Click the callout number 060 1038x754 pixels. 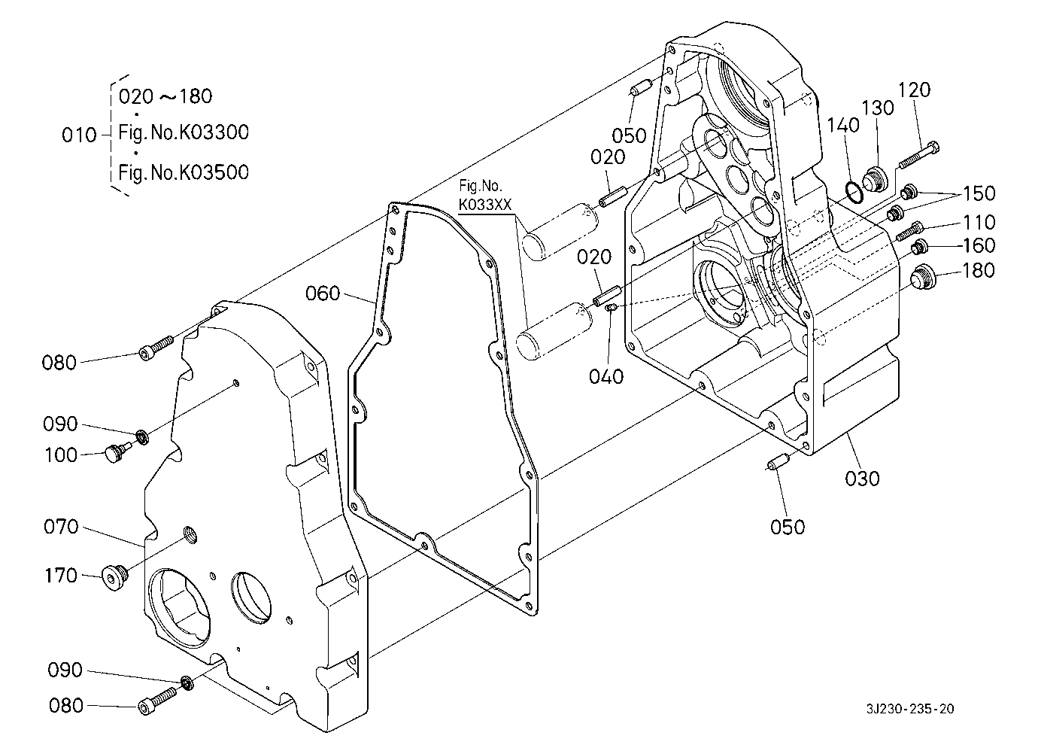point(323,293)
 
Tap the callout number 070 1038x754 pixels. point(61,527)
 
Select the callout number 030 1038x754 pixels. point(862,479)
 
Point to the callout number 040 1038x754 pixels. point(606,376)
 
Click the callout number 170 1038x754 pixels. point(61,576)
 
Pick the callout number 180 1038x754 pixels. point(979,270)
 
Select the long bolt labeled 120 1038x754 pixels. point(919,156)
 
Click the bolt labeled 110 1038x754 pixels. point(909,232)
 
